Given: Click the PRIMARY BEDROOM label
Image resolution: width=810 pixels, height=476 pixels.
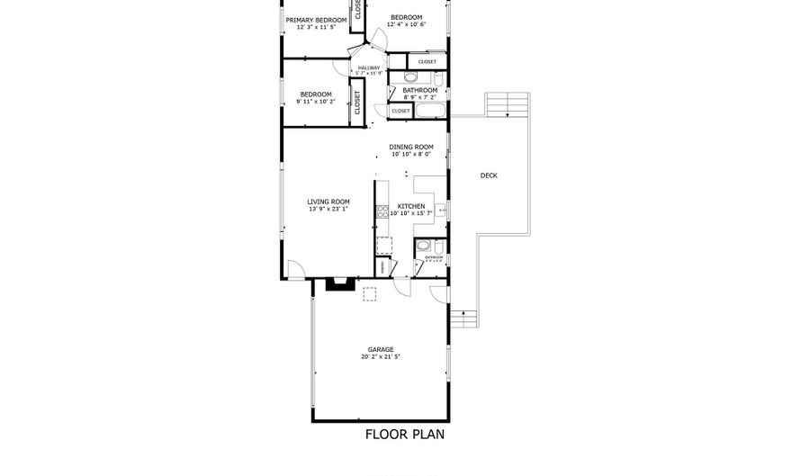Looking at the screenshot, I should [316, 20].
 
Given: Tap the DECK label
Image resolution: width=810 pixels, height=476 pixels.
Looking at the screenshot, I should [489, 175].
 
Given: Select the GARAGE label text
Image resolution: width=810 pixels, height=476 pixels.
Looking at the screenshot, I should [380, 349].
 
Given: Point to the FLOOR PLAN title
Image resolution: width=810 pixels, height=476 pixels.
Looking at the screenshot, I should [404, 435].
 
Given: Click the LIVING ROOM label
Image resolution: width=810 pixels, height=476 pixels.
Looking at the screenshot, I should [328, 202].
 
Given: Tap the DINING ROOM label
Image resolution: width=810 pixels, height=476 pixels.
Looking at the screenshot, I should [411, 147].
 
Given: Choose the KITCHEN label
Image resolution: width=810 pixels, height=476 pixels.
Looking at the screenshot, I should [411, 205].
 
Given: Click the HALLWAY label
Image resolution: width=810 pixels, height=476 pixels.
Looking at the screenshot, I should [369, 67].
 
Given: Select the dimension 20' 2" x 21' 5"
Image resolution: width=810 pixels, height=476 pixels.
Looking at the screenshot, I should [380, 357].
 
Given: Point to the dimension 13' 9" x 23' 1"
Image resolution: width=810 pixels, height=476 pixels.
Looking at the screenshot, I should [328, 209].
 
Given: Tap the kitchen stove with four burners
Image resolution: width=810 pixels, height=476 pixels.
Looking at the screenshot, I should [382, 212].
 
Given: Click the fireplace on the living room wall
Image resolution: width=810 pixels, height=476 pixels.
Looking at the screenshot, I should [340, 285].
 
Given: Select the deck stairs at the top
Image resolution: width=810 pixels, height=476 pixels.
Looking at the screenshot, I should [508, 105].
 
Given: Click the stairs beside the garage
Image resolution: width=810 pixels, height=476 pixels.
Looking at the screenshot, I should [462, 319].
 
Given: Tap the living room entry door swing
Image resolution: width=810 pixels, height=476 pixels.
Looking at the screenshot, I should [296, 268].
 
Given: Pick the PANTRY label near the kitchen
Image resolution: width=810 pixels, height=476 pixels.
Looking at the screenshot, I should [382, 267].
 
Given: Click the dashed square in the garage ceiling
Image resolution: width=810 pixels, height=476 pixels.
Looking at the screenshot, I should [369, 293].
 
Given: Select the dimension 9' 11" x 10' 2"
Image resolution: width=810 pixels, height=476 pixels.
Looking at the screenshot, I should [316, 102].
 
